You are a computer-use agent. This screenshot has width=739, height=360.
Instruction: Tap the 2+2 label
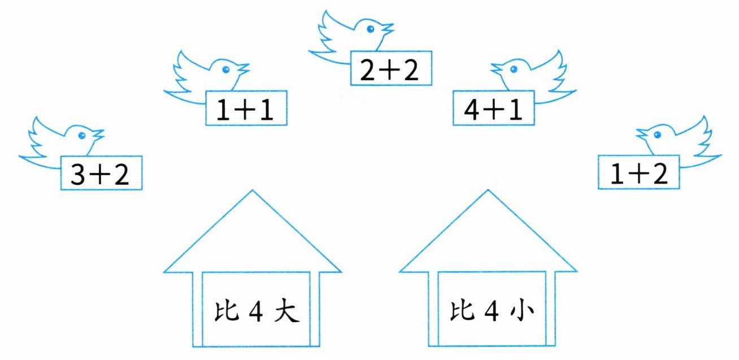pos(391,69)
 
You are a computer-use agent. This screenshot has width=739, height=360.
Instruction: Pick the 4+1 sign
pos(494,109)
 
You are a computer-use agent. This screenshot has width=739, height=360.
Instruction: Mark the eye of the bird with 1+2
pos(658,134)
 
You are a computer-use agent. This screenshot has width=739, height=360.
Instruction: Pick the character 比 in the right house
pos(457,310)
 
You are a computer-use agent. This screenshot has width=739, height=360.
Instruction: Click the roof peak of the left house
pos(252,192)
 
